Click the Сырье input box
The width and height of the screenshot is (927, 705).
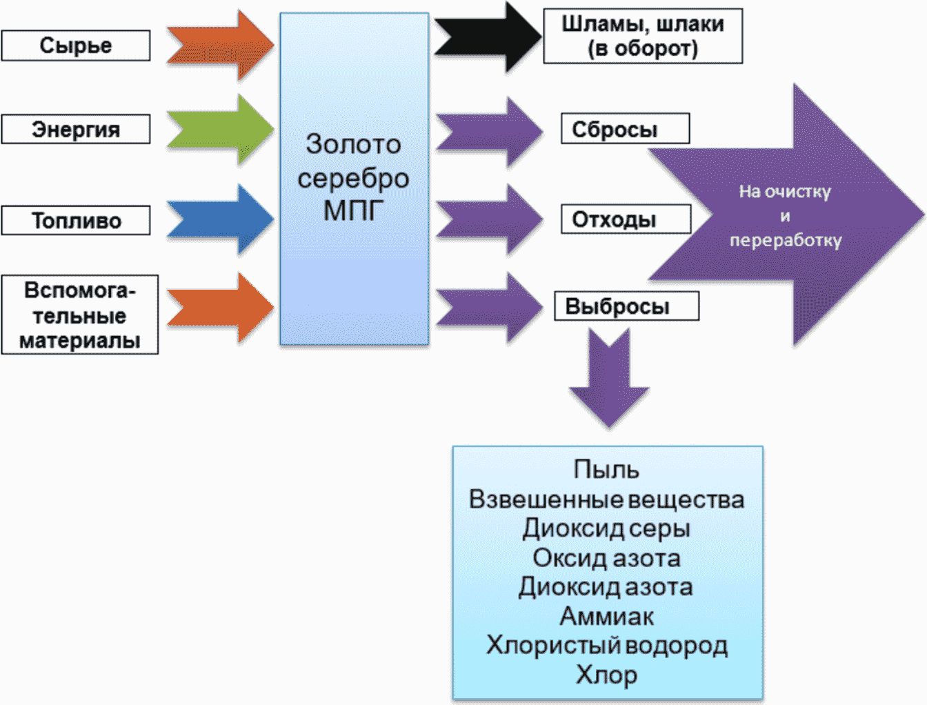click(x=76, y=46)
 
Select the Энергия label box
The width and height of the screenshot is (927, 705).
click(x=76, y=129)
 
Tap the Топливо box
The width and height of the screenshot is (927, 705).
click(x=76, y=220)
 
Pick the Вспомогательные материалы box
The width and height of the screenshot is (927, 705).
click(x=80, y=315)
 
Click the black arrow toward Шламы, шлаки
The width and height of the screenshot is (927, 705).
click(x=488, y=37)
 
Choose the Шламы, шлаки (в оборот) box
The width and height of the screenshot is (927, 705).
click(x=643, y=36)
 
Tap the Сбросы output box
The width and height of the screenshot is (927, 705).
click(x=625, y=128)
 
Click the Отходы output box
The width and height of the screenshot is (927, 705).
click(x=626, y=219)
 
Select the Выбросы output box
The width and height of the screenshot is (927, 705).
click(x=627, y=306)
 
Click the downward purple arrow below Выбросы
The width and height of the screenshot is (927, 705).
click(x=609, y=378)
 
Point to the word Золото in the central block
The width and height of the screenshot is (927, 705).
click(x=353, y=144)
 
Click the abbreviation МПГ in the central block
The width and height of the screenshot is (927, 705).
click(x=353, y=210)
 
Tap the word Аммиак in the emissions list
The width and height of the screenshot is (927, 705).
click(x=607, y=617)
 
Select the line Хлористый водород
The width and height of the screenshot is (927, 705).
click(x=607, y=646)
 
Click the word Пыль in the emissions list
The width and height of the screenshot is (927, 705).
click(x=606, y=469)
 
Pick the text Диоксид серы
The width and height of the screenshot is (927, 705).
click(x=606, y=528)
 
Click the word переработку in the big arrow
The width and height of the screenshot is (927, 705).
click(x=786, y=241)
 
